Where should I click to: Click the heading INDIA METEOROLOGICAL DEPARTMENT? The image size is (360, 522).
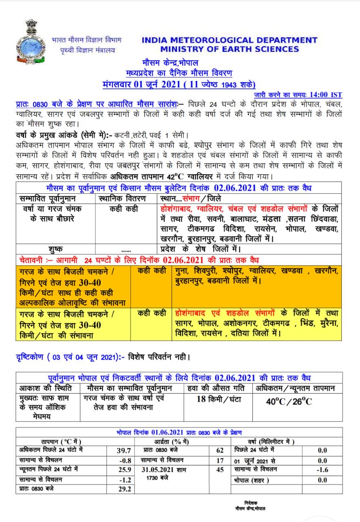click(230, 40)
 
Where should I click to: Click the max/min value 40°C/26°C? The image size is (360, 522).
click(289, 401)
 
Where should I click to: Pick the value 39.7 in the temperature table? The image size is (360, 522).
click(124, 450)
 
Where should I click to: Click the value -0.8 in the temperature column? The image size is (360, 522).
click(125, 460)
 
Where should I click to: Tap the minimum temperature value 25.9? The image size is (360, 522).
click(124, 470)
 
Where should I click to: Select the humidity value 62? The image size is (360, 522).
click(220, 450)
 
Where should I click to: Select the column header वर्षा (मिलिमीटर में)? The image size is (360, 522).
click(271, 442)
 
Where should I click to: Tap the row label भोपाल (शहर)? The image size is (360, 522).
click(252, 480)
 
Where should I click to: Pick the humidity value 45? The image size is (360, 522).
click(220, 470)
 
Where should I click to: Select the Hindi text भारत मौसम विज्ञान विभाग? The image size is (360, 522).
click(86, 40)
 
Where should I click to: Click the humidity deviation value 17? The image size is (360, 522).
click(220, 460)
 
